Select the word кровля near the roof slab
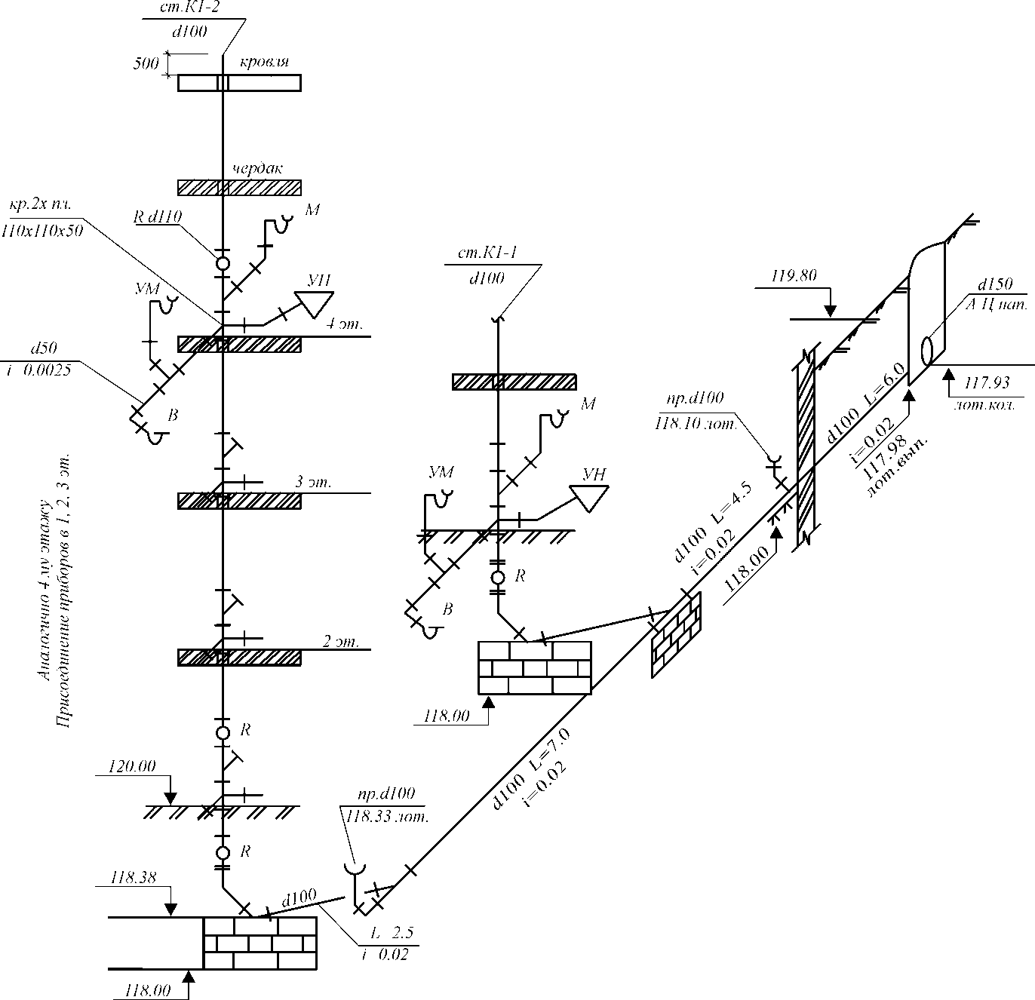pos(264,62)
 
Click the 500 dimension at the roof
pos(146,63)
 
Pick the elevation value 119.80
pos(794,276)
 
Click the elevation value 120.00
pos(133,766)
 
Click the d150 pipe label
pos(994,285)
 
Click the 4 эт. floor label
pos(344,325)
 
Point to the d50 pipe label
pos(43,348)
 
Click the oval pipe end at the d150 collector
pos(929,350)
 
